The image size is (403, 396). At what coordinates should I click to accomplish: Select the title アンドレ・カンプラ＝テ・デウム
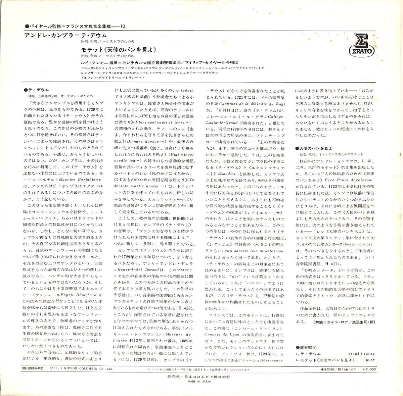pos(66,35)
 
